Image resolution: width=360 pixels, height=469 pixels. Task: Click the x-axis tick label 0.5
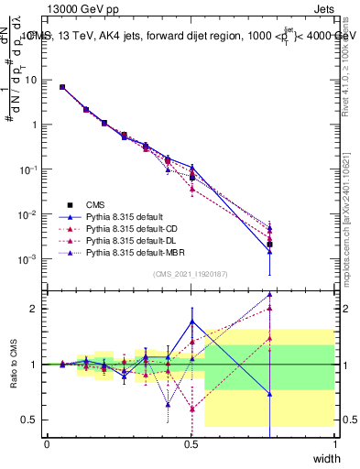pyautogui.click(x=191, y=443)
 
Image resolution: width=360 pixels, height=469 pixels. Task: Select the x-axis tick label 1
pyautogui.click(x=334, y=443)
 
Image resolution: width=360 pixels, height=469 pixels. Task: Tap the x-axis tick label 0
pyautogui.click(x=47, y=443)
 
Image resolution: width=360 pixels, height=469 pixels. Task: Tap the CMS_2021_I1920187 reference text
pyautogui.click(x=191, y=274)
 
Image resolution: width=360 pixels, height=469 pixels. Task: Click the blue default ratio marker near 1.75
pyautogui.click(x=191, y=322)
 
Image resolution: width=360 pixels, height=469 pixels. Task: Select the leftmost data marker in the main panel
pyautogui.click(x=61, y=87)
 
